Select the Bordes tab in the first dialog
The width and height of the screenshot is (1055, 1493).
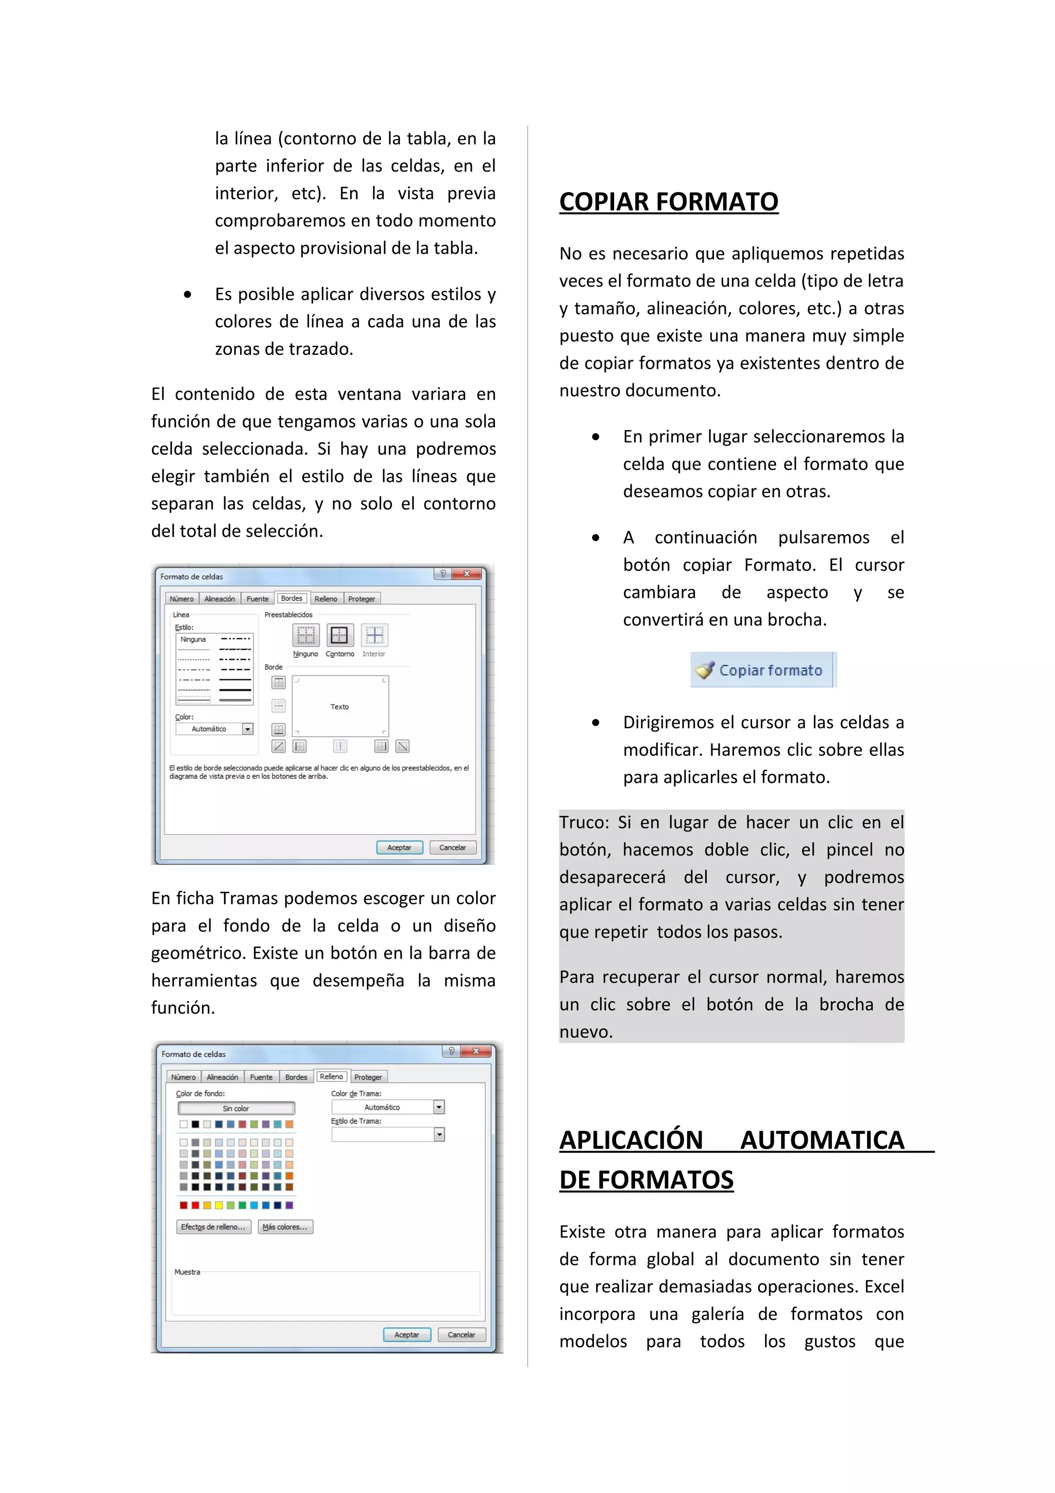click(x=291, y=598)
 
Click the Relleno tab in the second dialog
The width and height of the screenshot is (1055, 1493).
click(x=331, y=1076)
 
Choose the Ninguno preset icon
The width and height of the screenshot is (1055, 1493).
click(x=305, y=635)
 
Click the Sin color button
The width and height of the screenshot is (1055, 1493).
click(x=236, y=1108)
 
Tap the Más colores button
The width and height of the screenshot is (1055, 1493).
click(x=285, y=1226)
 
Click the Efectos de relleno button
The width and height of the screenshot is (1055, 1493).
click(x=213, y=1226)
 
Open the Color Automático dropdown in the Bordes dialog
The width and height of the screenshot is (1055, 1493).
click(x=248, y=729)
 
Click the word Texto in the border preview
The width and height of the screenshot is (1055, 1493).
click(x=339, y=707)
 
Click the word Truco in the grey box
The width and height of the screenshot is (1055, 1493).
click(x=583, y=823)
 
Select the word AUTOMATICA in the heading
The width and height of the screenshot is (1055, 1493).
click(x=822, y=1140)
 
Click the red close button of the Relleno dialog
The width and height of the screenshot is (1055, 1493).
click(x=477, y=1051)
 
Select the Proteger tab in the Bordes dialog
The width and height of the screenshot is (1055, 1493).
click(x=362, y=599)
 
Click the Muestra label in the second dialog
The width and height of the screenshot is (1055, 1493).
click(x=187, y=1272)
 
